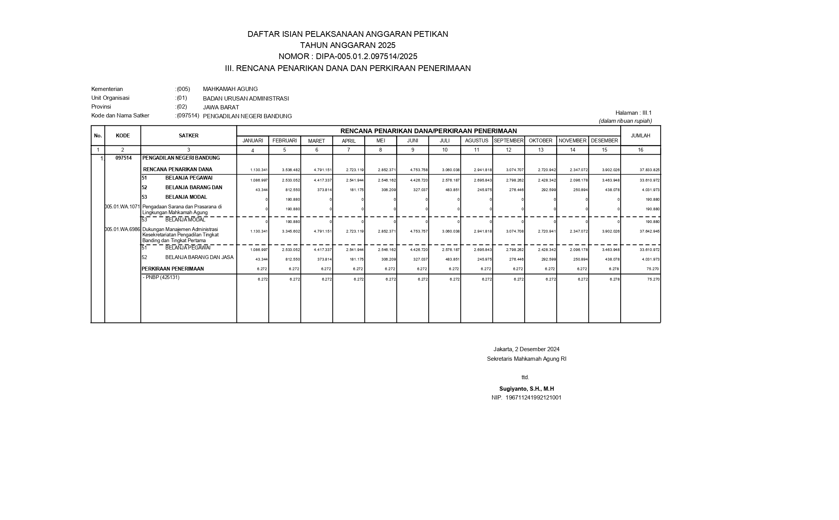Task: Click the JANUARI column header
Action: pyautogui.click(x=253, y=141)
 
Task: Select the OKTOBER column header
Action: pyautogui.click(x=540, y=141)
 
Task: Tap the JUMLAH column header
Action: pyautogui.click(x=640, y=135)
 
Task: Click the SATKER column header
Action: pyautogui.click(x=188, y=135)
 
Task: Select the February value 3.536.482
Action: pyautogui.click(x=291, y=170)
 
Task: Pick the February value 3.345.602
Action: pyautogui.click(x=291, y=231)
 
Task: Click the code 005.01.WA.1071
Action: pyautogui.click(x=123, y=207)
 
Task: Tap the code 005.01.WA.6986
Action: pyautogui.click(x=123, y=229)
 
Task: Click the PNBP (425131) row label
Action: pyautogui.click(x=162, y=277)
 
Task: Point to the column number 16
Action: pyautogui.click(x=640, y=150)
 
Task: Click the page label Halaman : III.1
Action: pyautogui.click(x=633, y=113)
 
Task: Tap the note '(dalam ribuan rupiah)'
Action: pyautogui.click(x=625, y=121)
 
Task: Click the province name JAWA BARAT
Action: pyautogui.click(x=221, y=107)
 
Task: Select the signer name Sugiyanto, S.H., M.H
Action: pyautogui.click(x=527, y=389)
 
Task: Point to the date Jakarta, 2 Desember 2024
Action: pyautogui.click(x=526, y=349)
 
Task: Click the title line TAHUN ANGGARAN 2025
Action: pyautogui.click(x=347, y=45)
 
